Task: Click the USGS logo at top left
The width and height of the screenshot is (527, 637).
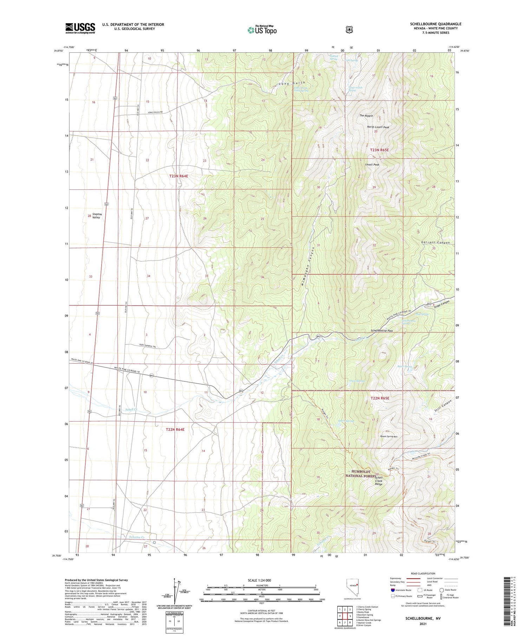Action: [80, 28]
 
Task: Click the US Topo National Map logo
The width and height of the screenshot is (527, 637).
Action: [262, 30]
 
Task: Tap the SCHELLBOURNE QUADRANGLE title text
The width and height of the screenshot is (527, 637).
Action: [435, 24]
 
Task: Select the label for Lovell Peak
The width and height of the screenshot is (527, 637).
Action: [372, 164]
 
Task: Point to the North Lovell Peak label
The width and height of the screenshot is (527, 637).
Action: [378, 127]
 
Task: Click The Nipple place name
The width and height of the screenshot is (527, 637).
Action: [366, 116]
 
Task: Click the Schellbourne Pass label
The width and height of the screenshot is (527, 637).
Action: [382, 331]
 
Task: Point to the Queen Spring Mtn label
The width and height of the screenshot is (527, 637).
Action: [389, 436]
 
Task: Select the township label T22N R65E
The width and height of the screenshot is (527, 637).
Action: [380, 398]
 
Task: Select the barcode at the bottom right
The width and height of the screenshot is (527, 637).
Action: [510, 600]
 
